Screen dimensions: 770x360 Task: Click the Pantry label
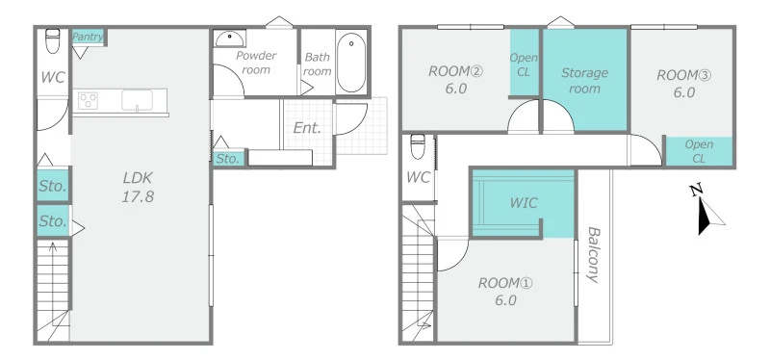(88, 37)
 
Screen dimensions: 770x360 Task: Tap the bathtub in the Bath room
(351, 63)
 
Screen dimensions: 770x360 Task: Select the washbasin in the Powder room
(229, 39)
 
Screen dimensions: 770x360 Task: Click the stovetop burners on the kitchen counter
(88, 101)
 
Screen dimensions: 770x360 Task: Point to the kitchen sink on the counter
(137, 101)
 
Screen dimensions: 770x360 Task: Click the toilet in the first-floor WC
(53, 41)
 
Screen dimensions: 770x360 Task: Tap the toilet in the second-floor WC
(418, 146)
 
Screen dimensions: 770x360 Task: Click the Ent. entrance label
(307, 129)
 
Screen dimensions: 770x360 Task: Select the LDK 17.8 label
(138, 187)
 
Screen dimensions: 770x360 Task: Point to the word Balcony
(594, 254)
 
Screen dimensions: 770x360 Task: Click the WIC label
(524, 202)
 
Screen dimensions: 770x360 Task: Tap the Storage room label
(584, 81)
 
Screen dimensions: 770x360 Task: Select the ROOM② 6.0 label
(456, 80)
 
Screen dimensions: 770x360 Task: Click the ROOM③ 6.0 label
(683, 84)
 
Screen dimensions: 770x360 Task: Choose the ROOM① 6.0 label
(506, 292)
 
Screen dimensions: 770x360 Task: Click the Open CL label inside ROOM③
(699, 152)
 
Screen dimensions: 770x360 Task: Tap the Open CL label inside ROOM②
(524, 64)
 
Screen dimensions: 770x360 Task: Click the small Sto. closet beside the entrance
(228, 159)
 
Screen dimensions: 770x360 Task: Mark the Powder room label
(256, 63)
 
